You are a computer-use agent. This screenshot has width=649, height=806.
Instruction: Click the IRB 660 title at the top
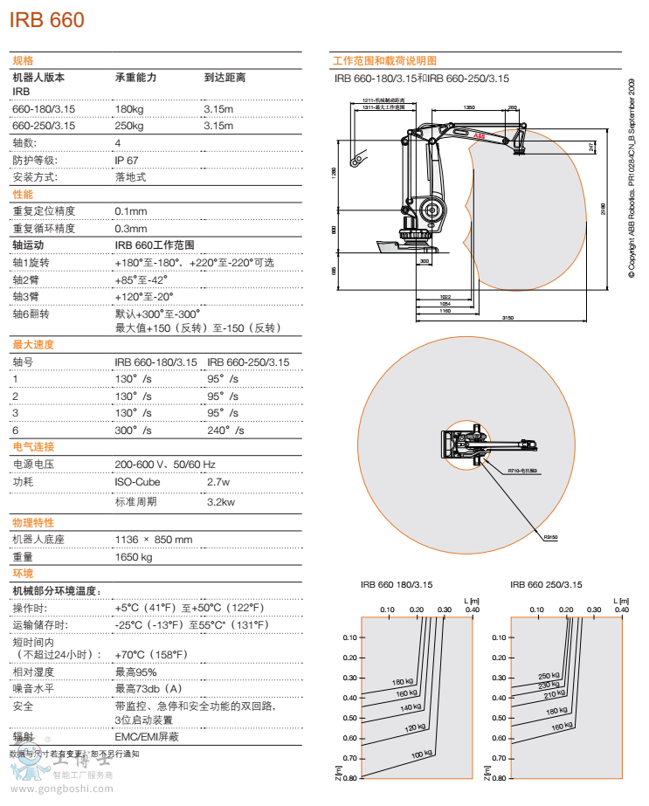coord(47,19)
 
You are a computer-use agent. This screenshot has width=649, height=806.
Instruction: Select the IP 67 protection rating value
coord(127,160)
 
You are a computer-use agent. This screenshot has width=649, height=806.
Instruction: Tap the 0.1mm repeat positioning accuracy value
coord(131,211)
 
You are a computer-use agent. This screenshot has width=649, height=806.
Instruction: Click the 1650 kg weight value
coord(134,556)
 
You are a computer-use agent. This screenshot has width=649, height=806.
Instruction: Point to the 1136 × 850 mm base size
coord(154,539)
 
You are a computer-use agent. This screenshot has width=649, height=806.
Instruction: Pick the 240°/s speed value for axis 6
coord(225,431)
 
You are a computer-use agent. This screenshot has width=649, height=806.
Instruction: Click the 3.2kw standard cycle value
coord(221,502)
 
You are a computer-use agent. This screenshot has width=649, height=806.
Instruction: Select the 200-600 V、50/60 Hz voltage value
coord(165,465)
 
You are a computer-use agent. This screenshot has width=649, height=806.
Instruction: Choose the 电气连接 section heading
coord(33,447)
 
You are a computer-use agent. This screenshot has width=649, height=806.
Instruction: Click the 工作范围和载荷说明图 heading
coord(384,60)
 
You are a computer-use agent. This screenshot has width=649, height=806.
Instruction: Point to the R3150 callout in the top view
coord(550,537)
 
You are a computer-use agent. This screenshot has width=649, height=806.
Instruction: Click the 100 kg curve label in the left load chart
coord(422,754)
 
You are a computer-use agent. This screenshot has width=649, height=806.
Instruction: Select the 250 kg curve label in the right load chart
coord(549,675)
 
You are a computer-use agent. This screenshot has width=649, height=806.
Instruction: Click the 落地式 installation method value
coord(130,177)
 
